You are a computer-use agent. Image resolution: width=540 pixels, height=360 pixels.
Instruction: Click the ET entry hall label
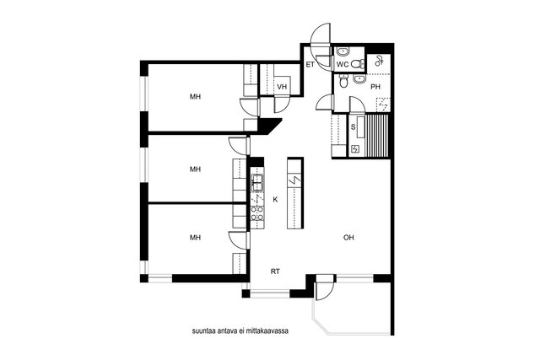point(310,64)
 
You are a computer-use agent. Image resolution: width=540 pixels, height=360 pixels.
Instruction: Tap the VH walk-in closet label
point(282,87)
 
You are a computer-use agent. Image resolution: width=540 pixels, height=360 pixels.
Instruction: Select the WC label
point(343,64)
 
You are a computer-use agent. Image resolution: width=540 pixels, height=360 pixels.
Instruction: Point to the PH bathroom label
point(375,87)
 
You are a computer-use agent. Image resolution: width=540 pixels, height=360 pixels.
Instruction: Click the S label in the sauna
point(353,127)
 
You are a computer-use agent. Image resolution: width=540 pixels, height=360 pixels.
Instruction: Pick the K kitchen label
point(275,199)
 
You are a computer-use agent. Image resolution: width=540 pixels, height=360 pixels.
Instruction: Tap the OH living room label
point(348,238)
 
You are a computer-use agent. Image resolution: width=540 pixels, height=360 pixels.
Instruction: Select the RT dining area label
point(275,271)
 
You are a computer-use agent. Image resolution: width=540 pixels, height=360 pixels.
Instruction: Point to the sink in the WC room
point(343,52)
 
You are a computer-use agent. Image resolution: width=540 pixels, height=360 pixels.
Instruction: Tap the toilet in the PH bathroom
point(343,81)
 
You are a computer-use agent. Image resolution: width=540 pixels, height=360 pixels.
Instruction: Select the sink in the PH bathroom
point(359,79)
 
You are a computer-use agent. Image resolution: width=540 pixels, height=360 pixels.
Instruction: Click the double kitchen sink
point(256,183)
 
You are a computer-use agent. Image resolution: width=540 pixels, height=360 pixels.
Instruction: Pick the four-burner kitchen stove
point(256,213)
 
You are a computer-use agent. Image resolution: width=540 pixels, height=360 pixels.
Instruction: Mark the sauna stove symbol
point(354,149)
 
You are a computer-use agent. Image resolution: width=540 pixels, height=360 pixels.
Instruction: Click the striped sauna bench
point(377,136)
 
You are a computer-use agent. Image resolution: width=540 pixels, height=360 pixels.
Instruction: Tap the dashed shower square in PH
point(383,105)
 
